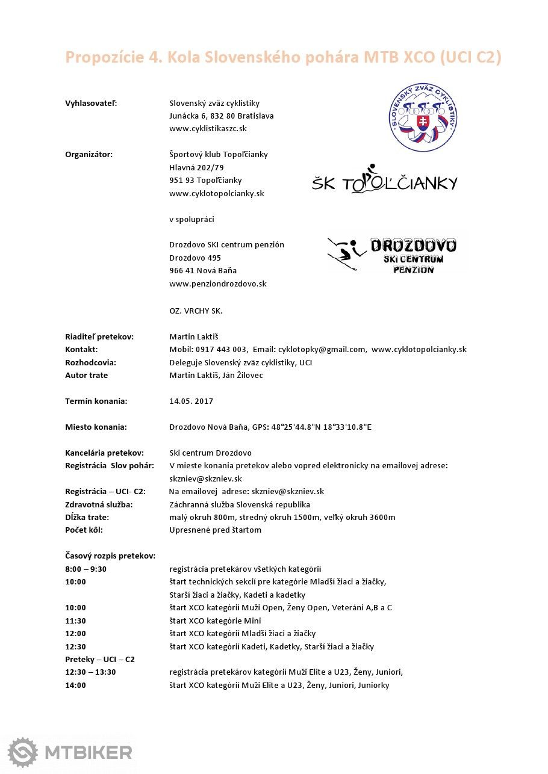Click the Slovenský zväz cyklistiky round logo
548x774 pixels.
pos(422,118)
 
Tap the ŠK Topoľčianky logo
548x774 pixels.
pos(385,179)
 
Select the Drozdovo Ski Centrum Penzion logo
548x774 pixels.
pos(398,255)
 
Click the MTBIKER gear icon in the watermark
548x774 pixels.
pos(23,752)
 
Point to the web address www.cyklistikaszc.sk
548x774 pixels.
pos(208,129)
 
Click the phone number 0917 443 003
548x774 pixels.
pos(221,350)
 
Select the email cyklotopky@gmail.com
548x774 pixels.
pos(322,350)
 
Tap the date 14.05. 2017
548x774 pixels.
pos(191,401)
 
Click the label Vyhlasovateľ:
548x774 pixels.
pos(91,103)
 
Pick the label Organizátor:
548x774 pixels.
pos(89,155)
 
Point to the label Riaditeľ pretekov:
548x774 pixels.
pos(99,336)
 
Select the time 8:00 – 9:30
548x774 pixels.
pos(86,569)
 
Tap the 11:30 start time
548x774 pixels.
pos(75,621)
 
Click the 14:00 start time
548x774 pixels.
pos(75,685)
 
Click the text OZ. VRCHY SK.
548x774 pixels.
pos(196,311)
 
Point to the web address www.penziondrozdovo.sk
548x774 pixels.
pos(217,284)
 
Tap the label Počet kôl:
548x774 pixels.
pos(84,530)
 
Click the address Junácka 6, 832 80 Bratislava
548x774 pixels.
pos(221,116)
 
